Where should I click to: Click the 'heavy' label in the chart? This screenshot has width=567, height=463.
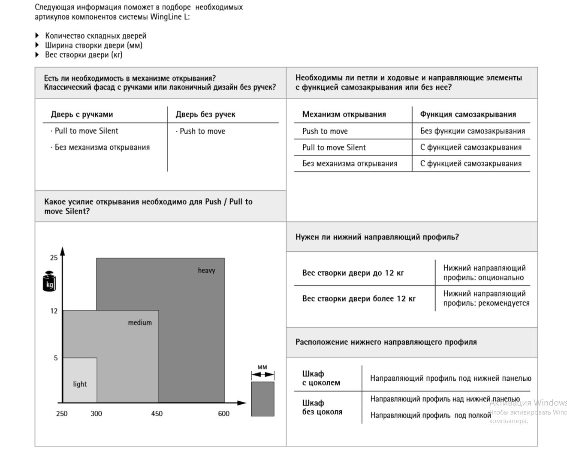coord(206,270)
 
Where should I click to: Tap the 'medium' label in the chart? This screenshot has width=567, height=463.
coord(140,322)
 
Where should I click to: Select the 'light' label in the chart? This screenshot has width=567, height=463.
coord(80,384)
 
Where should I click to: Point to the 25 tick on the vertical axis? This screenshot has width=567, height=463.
coord(54,258)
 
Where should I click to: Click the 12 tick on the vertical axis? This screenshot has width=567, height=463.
coord(54,311)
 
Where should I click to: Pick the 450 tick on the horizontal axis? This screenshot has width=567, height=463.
coord(157,413)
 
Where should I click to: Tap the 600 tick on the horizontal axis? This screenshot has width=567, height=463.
coord(224,413)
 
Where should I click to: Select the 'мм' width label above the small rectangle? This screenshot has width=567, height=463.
coord(262,367)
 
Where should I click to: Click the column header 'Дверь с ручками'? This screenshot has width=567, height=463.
coord(82,114)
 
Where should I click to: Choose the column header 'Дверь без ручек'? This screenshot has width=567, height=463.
coord(205,114)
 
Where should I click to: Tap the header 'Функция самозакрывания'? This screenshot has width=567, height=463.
coord(468,114)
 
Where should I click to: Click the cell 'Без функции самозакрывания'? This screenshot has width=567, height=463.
coord(473,131)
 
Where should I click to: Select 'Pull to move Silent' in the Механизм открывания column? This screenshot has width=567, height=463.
coord(334,147)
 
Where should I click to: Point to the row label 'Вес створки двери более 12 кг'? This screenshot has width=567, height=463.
coord(359,299)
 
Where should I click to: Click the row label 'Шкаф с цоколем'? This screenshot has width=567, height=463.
coord(321,378)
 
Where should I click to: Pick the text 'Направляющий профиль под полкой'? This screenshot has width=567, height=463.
coord(431,415)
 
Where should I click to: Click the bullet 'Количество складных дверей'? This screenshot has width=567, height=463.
coord(96,36)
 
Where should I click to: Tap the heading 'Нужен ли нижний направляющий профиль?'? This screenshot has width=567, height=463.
coord(377,237)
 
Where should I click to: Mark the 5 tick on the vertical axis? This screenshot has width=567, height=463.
coord(56,358)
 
